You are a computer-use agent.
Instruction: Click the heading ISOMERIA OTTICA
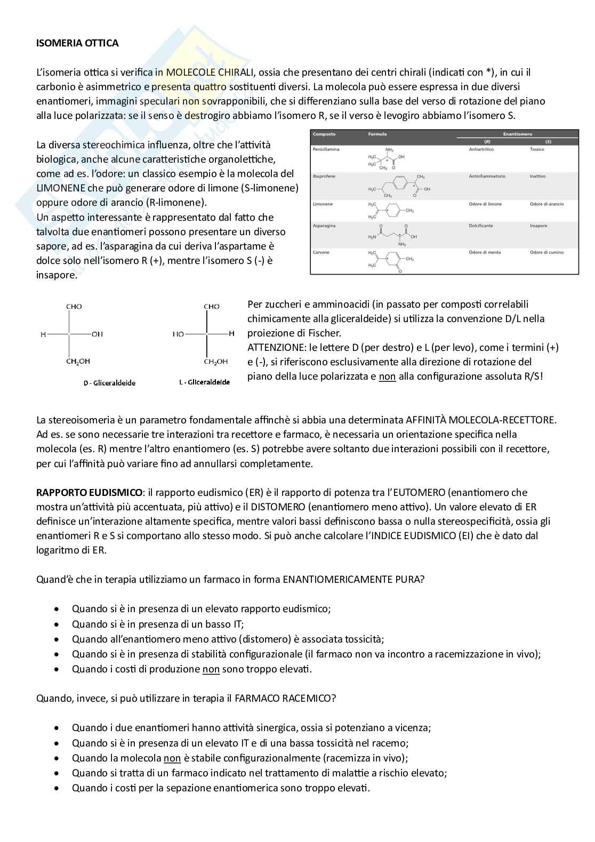tap(77, 43)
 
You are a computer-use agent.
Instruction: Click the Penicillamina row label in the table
tap(326, 149)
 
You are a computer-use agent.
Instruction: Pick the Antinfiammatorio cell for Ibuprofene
tap(487, 176)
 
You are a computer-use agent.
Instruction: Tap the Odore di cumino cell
tap(546, 252)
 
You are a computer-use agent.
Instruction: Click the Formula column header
tap(377, 134)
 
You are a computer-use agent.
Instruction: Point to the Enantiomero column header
tap(517, 134)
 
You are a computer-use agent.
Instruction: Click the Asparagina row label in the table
tap(324, 226)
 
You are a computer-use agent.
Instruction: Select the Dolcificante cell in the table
tap(481, 226)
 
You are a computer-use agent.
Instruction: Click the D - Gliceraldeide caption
tap(109, 383)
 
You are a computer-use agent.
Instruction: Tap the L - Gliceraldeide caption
tap(204, 382)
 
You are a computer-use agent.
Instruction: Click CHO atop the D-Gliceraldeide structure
tap(74, 307)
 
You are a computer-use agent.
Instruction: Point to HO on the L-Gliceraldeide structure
tap(178, 334)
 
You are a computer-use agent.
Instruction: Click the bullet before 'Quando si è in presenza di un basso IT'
tap(57, 624)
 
